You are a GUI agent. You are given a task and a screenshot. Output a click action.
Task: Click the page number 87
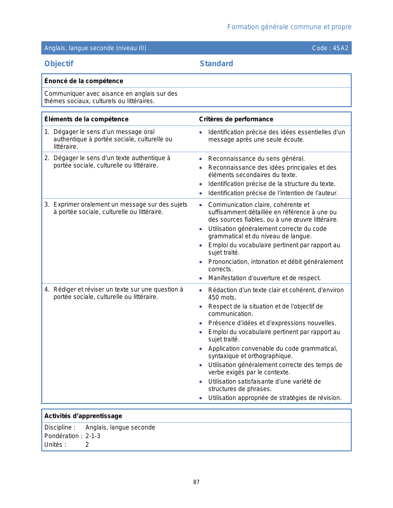[x=196, y=482]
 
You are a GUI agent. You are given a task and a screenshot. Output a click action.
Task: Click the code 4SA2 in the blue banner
[x=341, y=48]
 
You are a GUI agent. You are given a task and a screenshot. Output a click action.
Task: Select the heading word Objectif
[x=59, y=64]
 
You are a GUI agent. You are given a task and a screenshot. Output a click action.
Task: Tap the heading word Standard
[x=216, y=64]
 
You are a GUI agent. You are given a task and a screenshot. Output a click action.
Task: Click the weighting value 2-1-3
[x=93, y=436]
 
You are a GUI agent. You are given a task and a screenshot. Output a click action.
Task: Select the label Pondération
[x=62, y=436]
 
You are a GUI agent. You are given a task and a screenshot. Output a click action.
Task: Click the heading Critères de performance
[x=236, y=119]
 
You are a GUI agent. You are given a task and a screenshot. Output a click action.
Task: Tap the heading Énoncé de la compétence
[x=84, y=81]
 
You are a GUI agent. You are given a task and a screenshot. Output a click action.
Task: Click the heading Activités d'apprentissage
[x=83, y=416]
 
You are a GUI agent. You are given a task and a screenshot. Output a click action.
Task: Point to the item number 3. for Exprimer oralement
[x=47, y=205]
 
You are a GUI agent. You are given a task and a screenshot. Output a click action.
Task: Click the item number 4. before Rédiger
[x=47, y=290]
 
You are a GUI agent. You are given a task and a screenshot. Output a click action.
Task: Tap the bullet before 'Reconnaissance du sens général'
[x=201, y=159]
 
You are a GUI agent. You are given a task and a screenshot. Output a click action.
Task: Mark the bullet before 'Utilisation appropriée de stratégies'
[x=201, y=398]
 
